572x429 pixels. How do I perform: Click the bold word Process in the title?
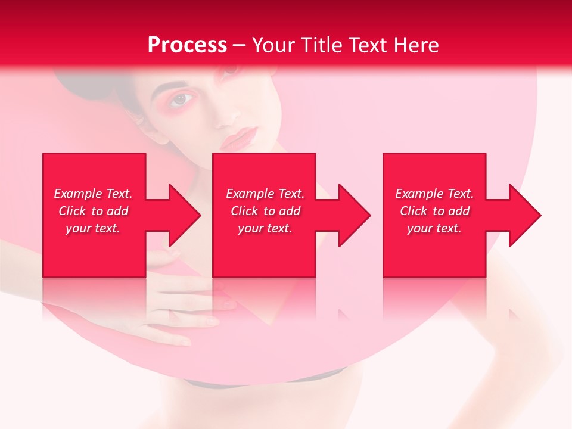coord(187,45)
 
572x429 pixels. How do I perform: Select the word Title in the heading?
coord(320,45)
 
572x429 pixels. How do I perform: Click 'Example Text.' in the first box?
coord(93,194)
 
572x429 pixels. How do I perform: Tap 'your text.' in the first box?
coord(93,228)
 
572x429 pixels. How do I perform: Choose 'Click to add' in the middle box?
coord(265,211)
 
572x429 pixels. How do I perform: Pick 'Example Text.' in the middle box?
coord(265,194)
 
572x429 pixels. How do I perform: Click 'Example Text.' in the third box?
coord(434,194)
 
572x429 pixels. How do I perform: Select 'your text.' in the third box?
coord(434,228)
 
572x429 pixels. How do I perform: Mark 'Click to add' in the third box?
coord(434,211)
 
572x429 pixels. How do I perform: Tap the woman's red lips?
coord(238,139)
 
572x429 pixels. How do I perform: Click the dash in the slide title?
coord(239,45)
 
